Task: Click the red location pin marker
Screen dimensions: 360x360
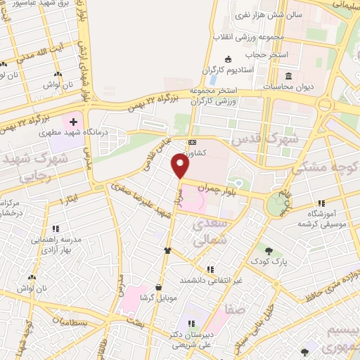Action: (181, 166)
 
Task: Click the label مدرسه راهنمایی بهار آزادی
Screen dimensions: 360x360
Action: (56, 245)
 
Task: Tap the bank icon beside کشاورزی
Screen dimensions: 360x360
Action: (191, 141)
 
